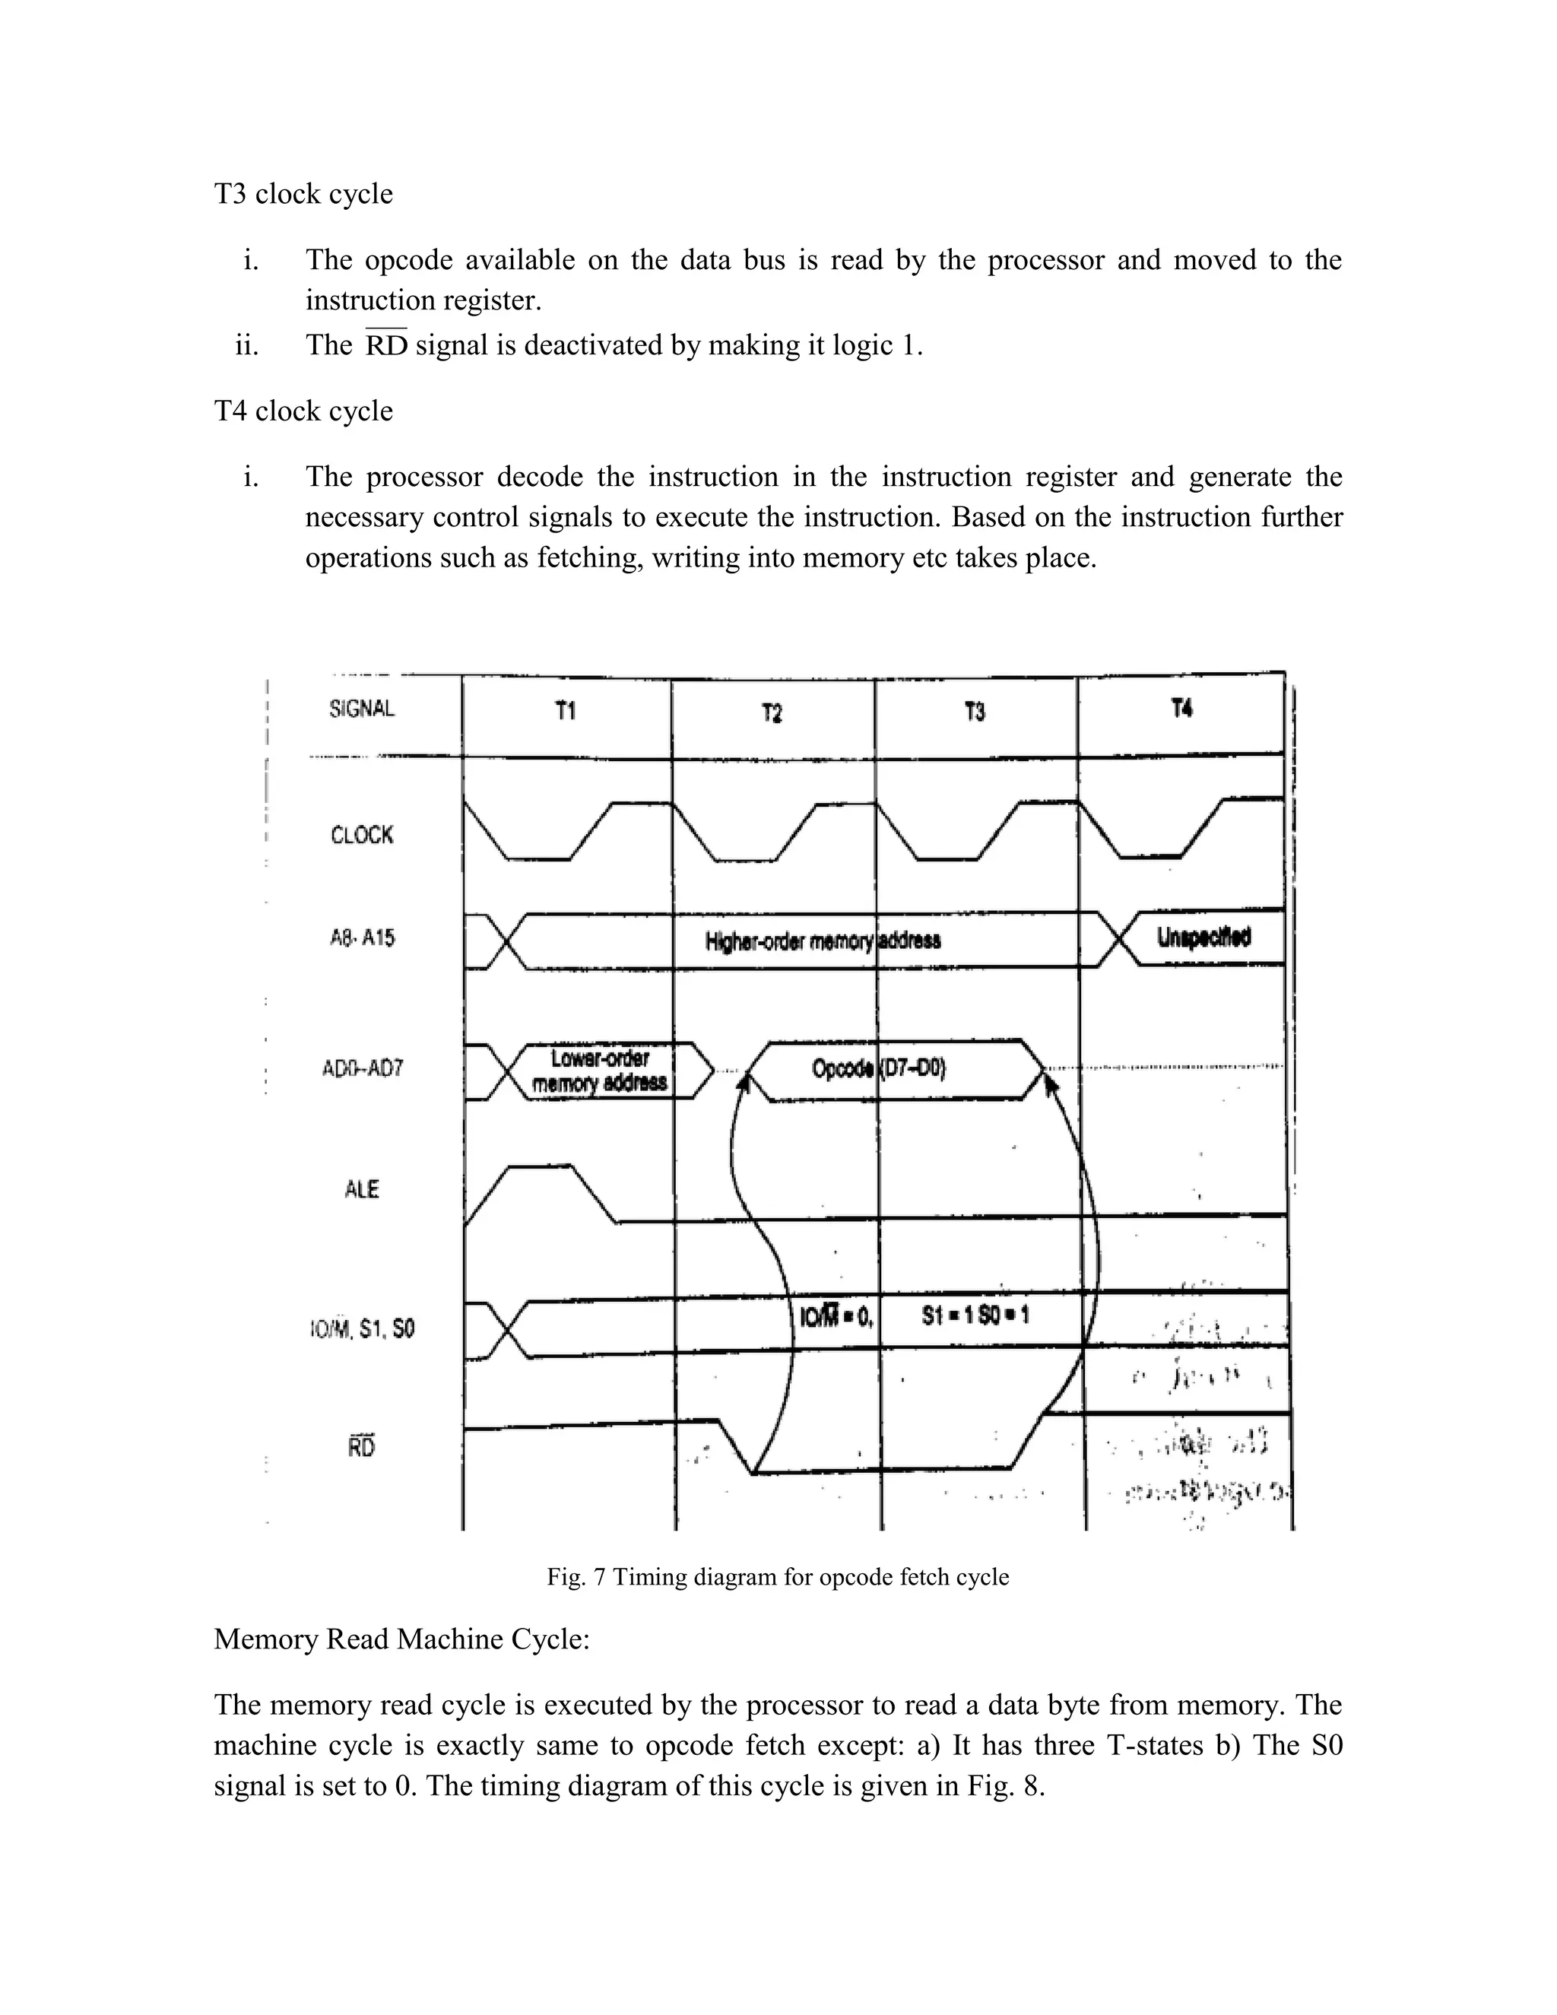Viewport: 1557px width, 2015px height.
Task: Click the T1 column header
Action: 566,710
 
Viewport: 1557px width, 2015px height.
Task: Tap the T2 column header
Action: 772,713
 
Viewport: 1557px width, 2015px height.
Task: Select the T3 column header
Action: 975,712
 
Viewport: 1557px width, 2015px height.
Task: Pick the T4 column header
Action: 1181,708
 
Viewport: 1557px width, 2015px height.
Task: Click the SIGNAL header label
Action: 362,709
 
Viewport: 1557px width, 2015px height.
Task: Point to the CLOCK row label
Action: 362,835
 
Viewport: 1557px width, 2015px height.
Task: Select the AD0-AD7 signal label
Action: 362,1069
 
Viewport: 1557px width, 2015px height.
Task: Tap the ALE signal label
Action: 362,1189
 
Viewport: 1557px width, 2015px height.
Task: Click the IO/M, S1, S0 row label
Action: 362,1328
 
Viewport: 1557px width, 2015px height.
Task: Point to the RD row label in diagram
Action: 362,1447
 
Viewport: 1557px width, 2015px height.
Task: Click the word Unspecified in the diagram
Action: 1203,938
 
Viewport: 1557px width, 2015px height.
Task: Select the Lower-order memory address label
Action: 600,1071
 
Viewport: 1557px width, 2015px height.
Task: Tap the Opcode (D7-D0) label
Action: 878,1068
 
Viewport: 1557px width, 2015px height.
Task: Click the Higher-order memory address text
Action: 823,941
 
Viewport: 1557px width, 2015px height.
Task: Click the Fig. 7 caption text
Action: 778,1577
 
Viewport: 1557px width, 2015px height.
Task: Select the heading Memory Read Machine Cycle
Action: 401,1639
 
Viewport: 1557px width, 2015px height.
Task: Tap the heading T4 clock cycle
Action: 303,411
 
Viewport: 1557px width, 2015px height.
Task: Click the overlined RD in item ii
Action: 385,345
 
